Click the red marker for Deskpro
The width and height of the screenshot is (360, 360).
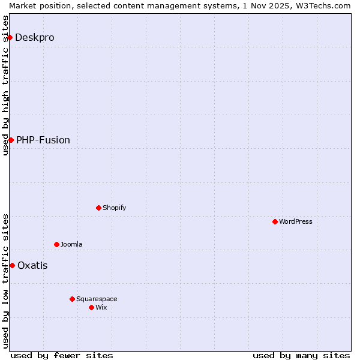(x=10, y=37)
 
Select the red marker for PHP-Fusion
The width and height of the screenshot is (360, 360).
(x=11, y=140)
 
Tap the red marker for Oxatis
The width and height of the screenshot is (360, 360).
(x=12, y=265)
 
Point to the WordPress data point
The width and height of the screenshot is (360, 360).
(x=275, y=221)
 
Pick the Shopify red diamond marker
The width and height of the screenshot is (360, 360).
(x=98, y=208)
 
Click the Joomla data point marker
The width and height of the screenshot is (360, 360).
(x=56, y=244)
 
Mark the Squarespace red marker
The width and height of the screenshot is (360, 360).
(x=72, y=299)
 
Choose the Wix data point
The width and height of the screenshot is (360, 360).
(x=91, y=307)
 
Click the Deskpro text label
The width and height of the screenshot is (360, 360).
(x=35, y=37)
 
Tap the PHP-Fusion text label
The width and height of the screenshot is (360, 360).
(x=43, y=140)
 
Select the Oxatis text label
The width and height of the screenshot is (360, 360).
(x=32, y=265)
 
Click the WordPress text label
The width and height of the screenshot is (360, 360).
(x=296, y=221)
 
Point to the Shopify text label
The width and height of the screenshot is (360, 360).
(x=115, y=208)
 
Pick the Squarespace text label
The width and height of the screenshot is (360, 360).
(x=97, y=299)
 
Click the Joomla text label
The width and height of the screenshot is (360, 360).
(x=71, y=244)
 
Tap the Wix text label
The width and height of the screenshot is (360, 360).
(x=101, y=307)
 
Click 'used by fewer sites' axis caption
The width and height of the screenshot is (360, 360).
(x=62, y=355)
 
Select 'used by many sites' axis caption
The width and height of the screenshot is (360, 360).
(x=301, y=355)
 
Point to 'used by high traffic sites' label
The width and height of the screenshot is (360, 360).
(x=5, y=85)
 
